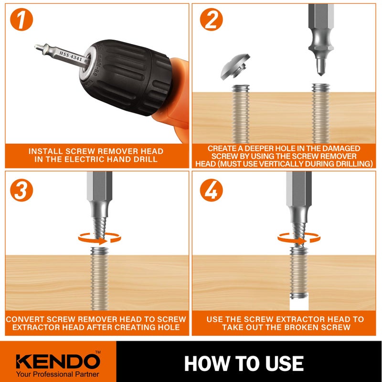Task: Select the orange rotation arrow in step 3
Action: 99,237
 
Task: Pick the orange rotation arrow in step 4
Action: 298,237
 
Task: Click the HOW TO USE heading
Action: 244,363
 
